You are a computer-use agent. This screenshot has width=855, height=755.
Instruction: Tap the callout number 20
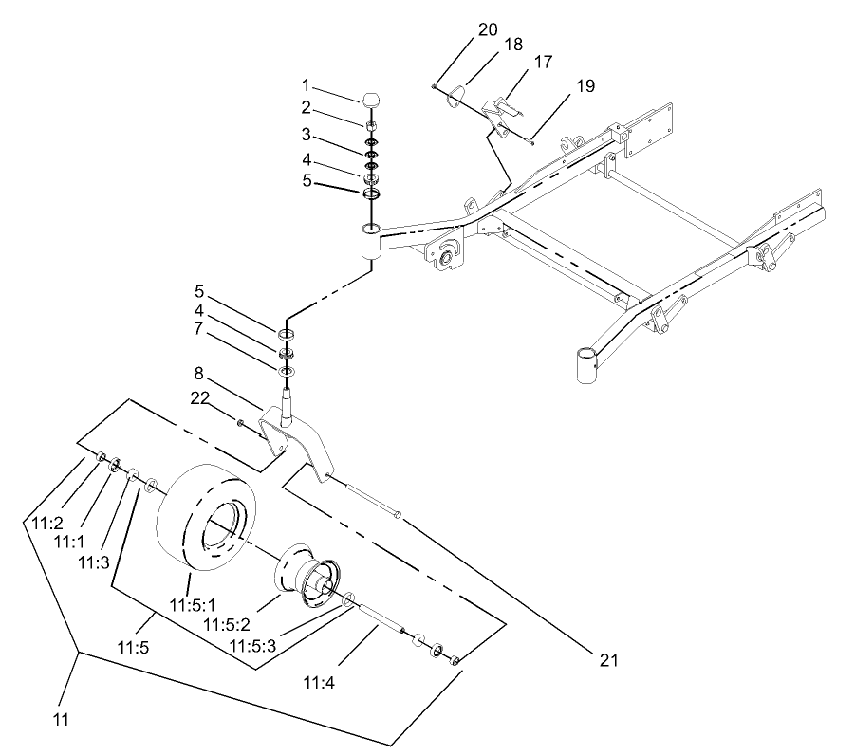pyautogui.click(x=487, y=29)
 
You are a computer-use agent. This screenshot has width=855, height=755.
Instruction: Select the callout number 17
pyautogui.click(x=543, y=62)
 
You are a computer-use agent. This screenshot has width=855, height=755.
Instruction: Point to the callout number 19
pyautogui.click(x=584, y=86)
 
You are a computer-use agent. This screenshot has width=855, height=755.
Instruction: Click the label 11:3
pyautogui.click(x=92, y=562)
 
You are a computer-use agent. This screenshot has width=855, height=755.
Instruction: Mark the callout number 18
pyautogui.click(x=513, y=45)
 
